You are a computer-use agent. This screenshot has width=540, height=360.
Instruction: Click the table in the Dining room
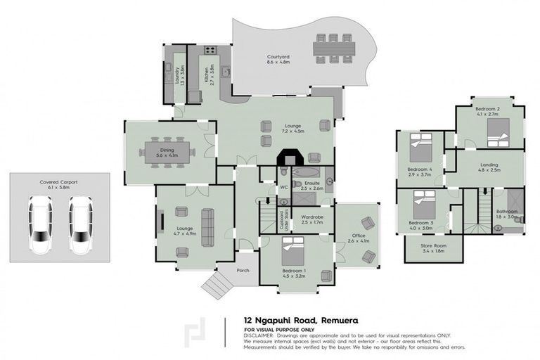167,153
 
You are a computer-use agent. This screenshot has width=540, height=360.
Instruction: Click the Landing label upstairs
489,165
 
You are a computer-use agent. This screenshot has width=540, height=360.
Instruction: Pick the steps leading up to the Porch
216,285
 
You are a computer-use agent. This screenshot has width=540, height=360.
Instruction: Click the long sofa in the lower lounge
207,227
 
